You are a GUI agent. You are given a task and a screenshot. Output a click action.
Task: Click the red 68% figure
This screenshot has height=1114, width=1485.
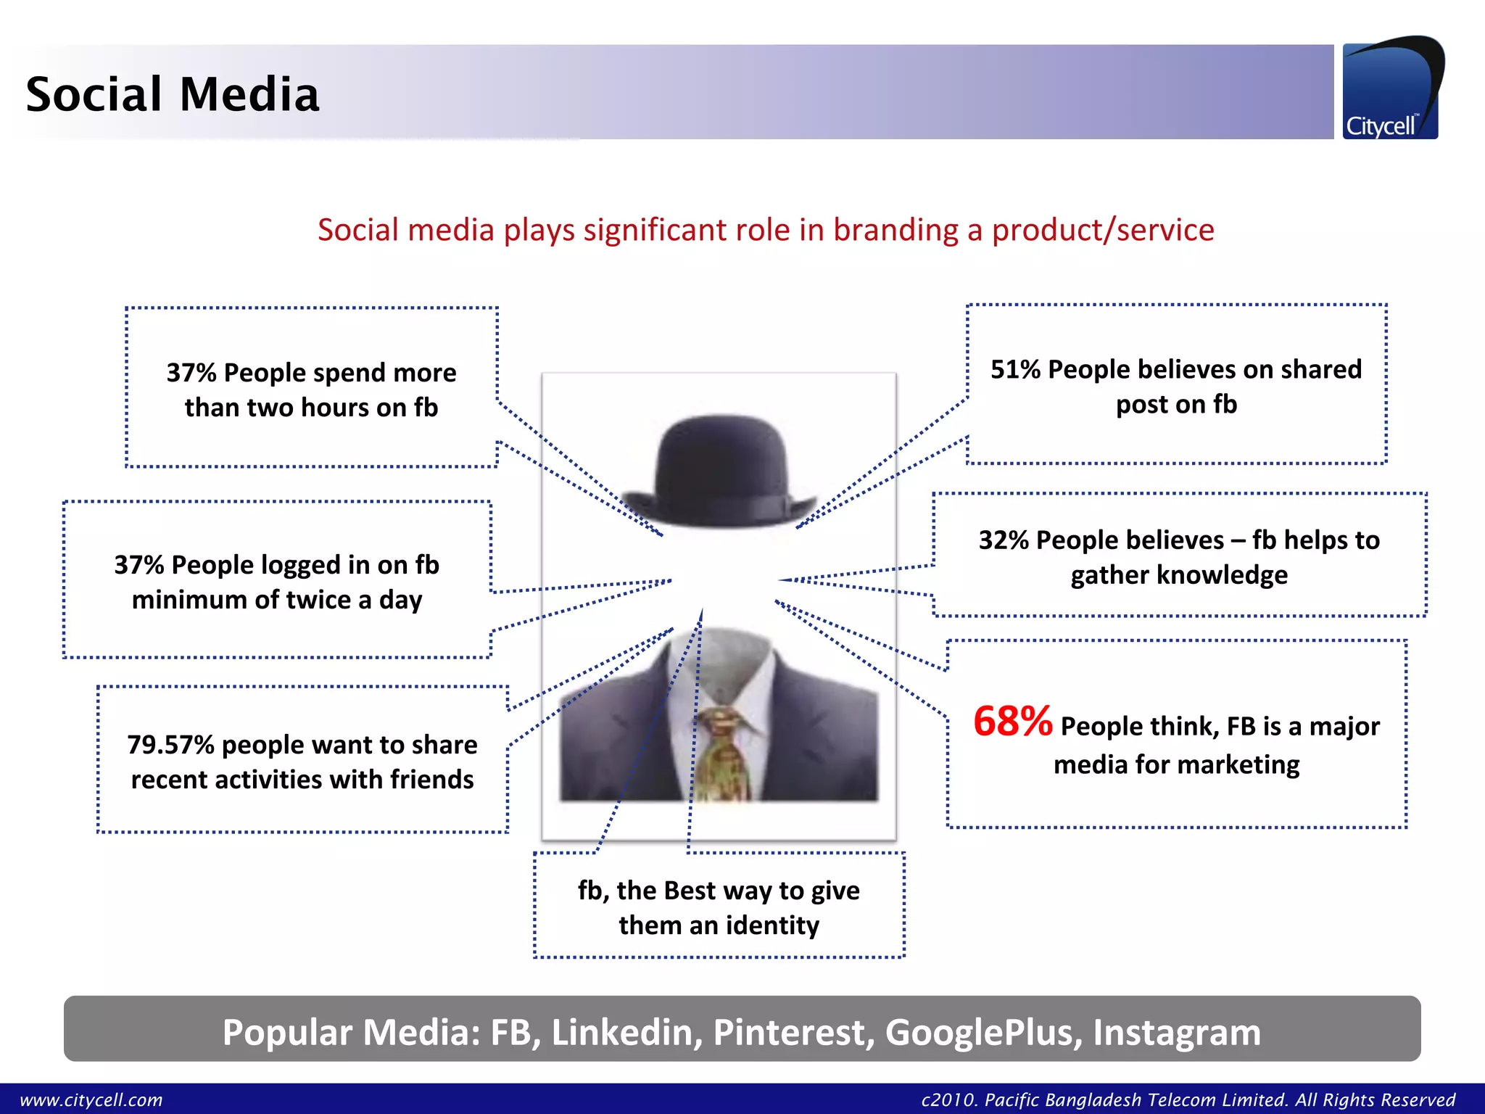click(1012, 722)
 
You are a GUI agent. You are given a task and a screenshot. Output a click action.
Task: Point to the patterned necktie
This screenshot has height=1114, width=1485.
click(721, 754)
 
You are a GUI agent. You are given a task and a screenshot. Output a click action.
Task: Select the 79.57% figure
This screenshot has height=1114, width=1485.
click(170, 745)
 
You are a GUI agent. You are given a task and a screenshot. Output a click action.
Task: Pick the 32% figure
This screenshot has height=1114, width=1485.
click(1004, 540)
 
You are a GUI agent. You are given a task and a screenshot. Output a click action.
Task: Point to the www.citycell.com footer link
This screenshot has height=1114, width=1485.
click(91, 1100)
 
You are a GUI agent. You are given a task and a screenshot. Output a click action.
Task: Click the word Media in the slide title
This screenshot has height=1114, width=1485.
click(249, 94)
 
